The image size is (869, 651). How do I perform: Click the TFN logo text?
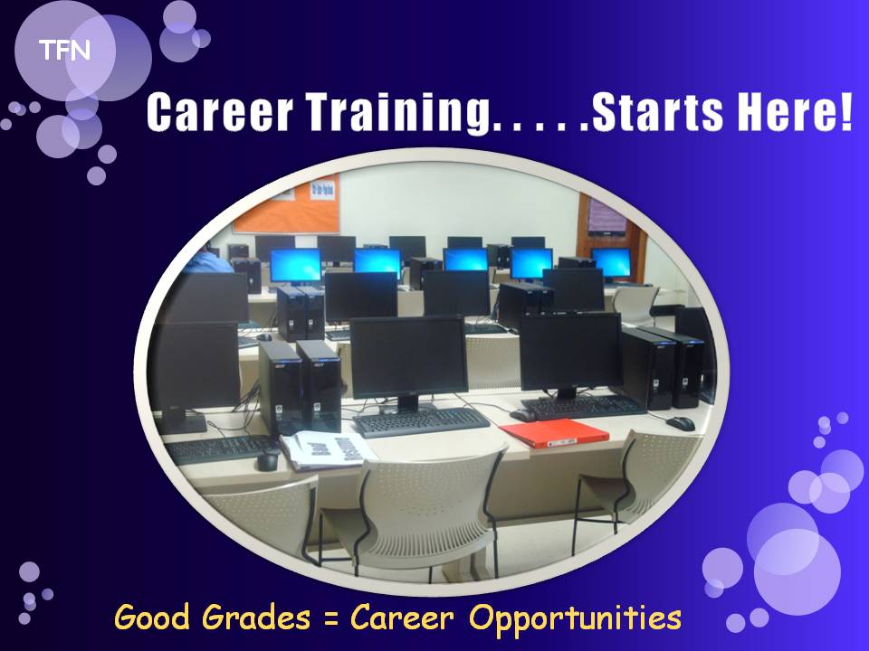65,51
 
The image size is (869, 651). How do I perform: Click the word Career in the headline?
219,112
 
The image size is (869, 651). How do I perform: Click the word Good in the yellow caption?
152,617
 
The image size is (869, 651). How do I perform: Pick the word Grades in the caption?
256,617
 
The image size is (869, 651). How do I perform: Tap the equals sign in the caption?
331,618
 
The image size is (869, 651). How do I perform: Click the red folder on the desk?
554,432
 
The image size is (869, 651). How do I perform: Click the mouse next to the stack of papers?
269,459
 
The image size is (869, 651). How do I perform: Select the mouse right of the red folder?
681,423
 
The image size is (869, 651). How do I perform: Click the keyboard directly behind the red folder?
582,407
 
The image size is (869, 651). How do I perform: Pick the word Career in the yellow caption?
402,617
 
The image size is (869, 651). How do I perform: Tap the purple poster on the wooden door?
607,216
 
